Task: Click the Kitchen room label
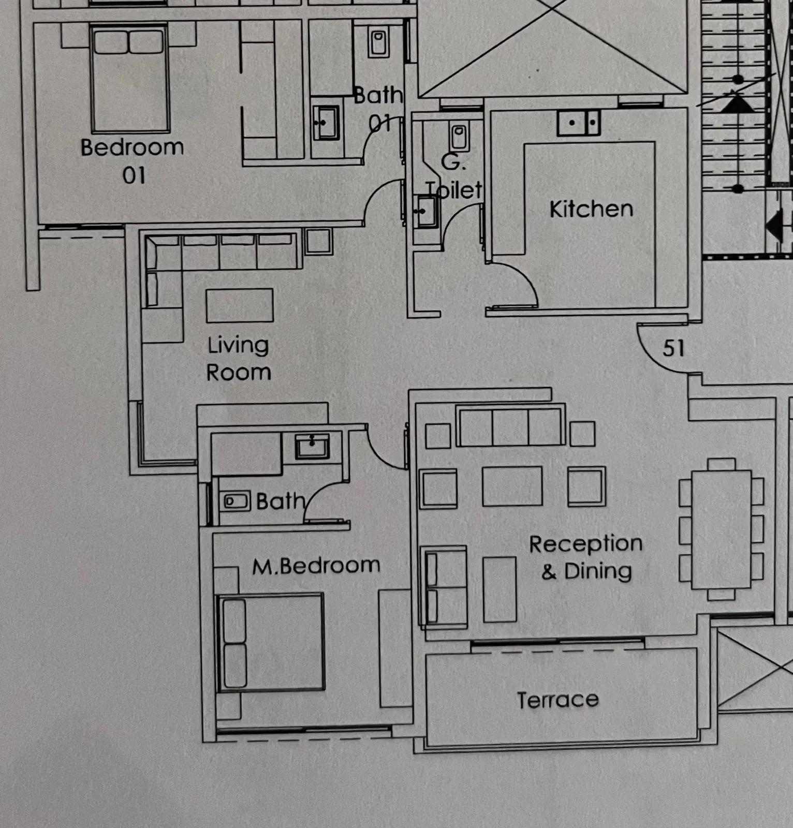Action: pyautogui.click(x=591, y=209)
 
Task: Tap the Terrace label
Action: pyautogui.click(x=558, y=700)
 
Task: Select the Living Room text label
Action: pyautogui.click(x=238, y=359)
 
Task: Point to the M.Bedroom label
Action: pyautogui.click(x=316, y=566)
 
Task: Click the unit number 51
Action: pyautogui.click(x=673, y=348)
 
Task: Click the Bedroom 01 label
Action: pyautogui.click(x=132, y=161)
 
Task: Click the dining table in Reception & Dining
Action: pyautogui.click(x=721, y=529)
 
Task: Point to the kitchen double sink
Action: pyautogui.click(x=579, y=123)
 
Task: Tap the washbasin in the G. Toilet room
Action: pyautogui.click(x=427, y=212)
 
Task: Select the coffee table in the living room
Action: pyautogui.click(x=240, y=305)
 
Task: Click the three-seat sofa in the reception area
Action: pyautogui.click(x=510, y=427)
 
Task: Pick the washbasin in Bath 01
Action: pyautogui.click(x=326, y=123)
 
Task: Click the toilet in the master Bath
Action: pyautogui.click(x=236, y=501)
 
